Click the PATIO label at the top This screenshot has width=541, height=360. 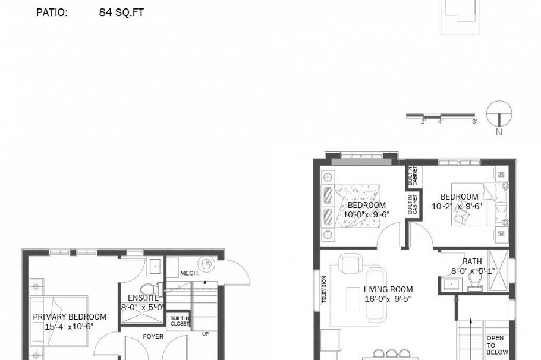coord(52,12)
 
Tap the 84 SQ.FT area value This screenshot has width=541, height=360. coord(121,12)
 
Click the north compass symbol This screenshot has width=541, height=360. coord(499,115)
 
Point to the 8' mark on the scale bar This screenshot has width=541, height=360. coord(474,122)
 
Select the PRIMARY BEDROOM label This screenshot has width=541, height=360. coord(70,317)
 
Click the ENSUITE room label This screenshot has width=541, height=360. coord(143,298)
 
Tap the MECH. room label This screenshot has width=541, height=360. coord(189,273)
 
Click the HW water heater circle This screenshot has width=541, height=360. coord(206,263)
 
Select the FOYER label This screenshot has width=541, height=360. coord(153,336)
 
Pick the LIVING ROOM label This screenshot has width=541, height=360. coord(388,289)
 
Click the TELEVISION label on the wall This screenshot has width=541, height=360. coord(325,290)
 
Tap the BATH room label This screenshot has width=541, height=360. coord(472,261)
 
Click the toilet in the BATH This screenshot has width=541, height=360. coord(475,279)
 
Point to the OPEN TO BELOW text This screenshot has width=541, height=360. coord(498,345)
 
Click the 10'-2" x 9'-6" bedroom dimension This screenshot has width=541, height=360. coord(457,206)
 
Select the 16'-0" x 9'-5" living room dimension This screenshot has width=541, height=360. coord(388,299)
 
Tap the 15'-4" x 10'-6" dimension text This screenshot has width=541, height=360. coord(69,326)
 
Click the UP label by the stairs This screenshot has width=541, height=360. coord(206,334)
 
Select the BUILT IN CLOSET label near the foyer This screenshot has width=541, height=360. coord(179,321)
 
